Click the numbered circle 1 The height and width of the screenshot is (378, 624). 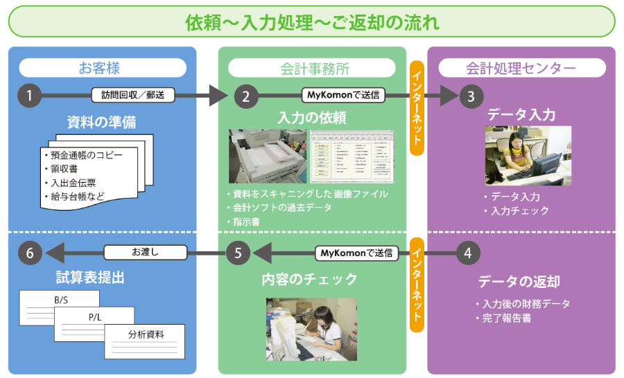28,96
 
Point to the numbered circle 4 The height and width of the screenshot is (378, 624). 468,253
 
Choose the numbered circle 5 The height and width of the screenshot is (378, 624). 239,253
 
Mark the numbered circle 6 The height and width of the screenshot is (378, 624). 28,253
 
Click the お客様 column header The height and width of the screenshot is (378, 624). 102,68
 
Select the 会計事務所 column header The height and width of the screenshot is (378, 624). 311,68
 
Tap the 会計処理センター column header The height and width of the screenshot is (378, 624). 521,68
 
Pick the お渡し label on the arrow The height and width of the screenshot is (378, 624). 145,253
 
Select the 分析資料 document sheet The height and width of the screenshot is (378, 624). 146,340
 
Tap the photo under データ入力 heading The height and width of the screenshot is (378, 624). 528,155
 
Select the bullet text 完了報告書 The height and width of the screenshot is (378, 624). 506,318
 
